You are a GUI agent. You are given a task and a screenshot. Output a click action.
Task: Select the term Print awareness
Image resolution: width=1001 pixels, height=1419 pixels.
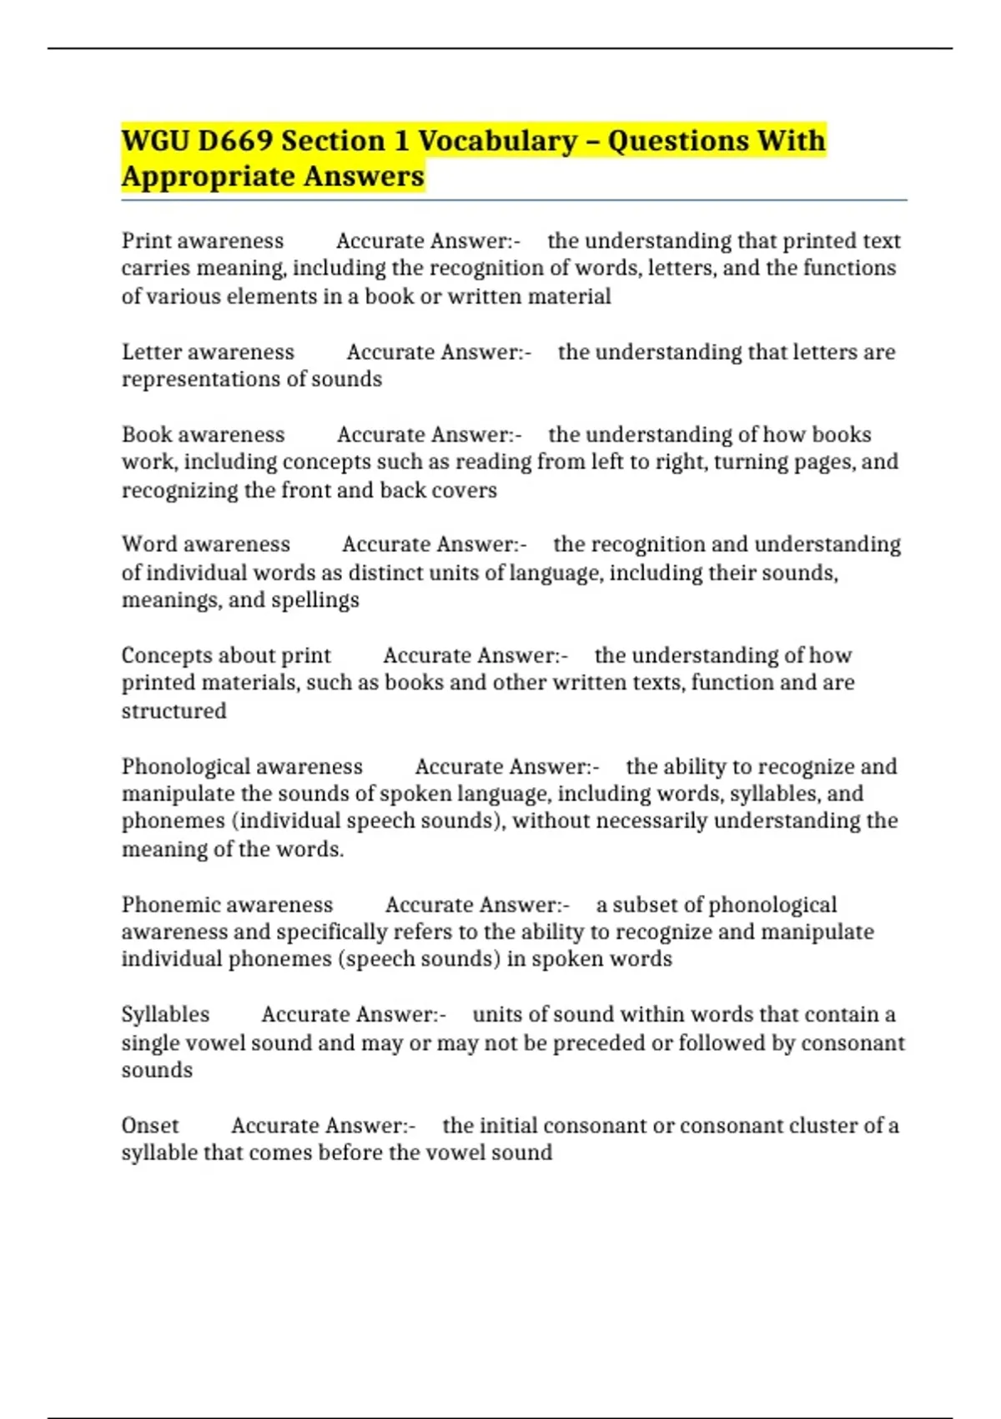click(203, 240)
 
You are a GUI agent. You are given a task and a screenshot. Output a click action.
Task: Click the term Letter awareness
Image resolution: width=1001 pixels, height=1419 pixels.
click(208, 351)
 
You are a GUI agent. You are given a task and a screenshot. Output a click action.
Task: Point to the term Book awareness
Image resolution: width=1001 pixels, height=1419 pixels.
click(203, 434)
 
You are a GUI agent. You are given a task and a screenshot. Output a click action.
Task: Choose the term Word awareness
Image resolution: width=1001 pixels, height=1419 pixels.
click(206, 544)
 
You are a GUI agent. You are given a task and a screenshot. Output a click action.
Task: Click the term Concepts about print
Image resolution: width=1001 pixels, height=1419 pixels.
click(226, 655)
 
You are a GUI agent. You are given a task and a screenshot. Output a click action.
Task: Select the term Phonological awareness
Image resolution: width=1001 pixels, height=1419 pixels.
click(242, 766)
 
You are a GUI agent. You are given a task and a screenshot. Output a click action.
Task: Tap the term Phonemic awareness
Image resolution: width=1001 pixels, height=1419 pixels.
click(227, 905)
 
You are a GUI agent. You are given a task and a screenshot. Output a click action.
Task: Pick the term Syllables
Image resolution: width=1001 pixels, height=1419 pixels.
click(165, 1014)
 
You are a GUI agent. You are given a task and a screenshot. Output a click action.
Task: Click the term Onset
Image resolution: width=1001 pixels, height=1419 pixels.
click(150, 1125)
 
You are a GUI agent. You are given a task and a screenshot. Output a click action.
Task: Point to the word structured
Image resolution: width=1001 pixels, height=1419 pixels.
click(174, 711)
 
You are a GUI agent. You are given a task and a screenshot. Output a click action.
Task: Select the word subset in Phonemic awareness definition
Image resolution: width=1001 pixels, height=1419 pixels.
click(645, 905)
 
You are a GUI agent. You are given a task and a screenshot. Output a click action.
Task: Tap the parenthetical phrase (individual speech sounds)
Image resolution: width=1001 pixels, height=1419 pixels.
click(368, 821)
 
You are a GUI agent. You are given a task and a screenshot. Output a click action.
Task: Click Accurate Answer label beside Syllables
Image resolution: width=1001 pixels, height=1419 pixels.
click(353, 1014)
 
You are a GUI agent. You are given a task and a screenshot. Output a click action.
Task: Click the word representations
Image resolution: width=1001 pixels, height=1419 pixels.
click(202, 379)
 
